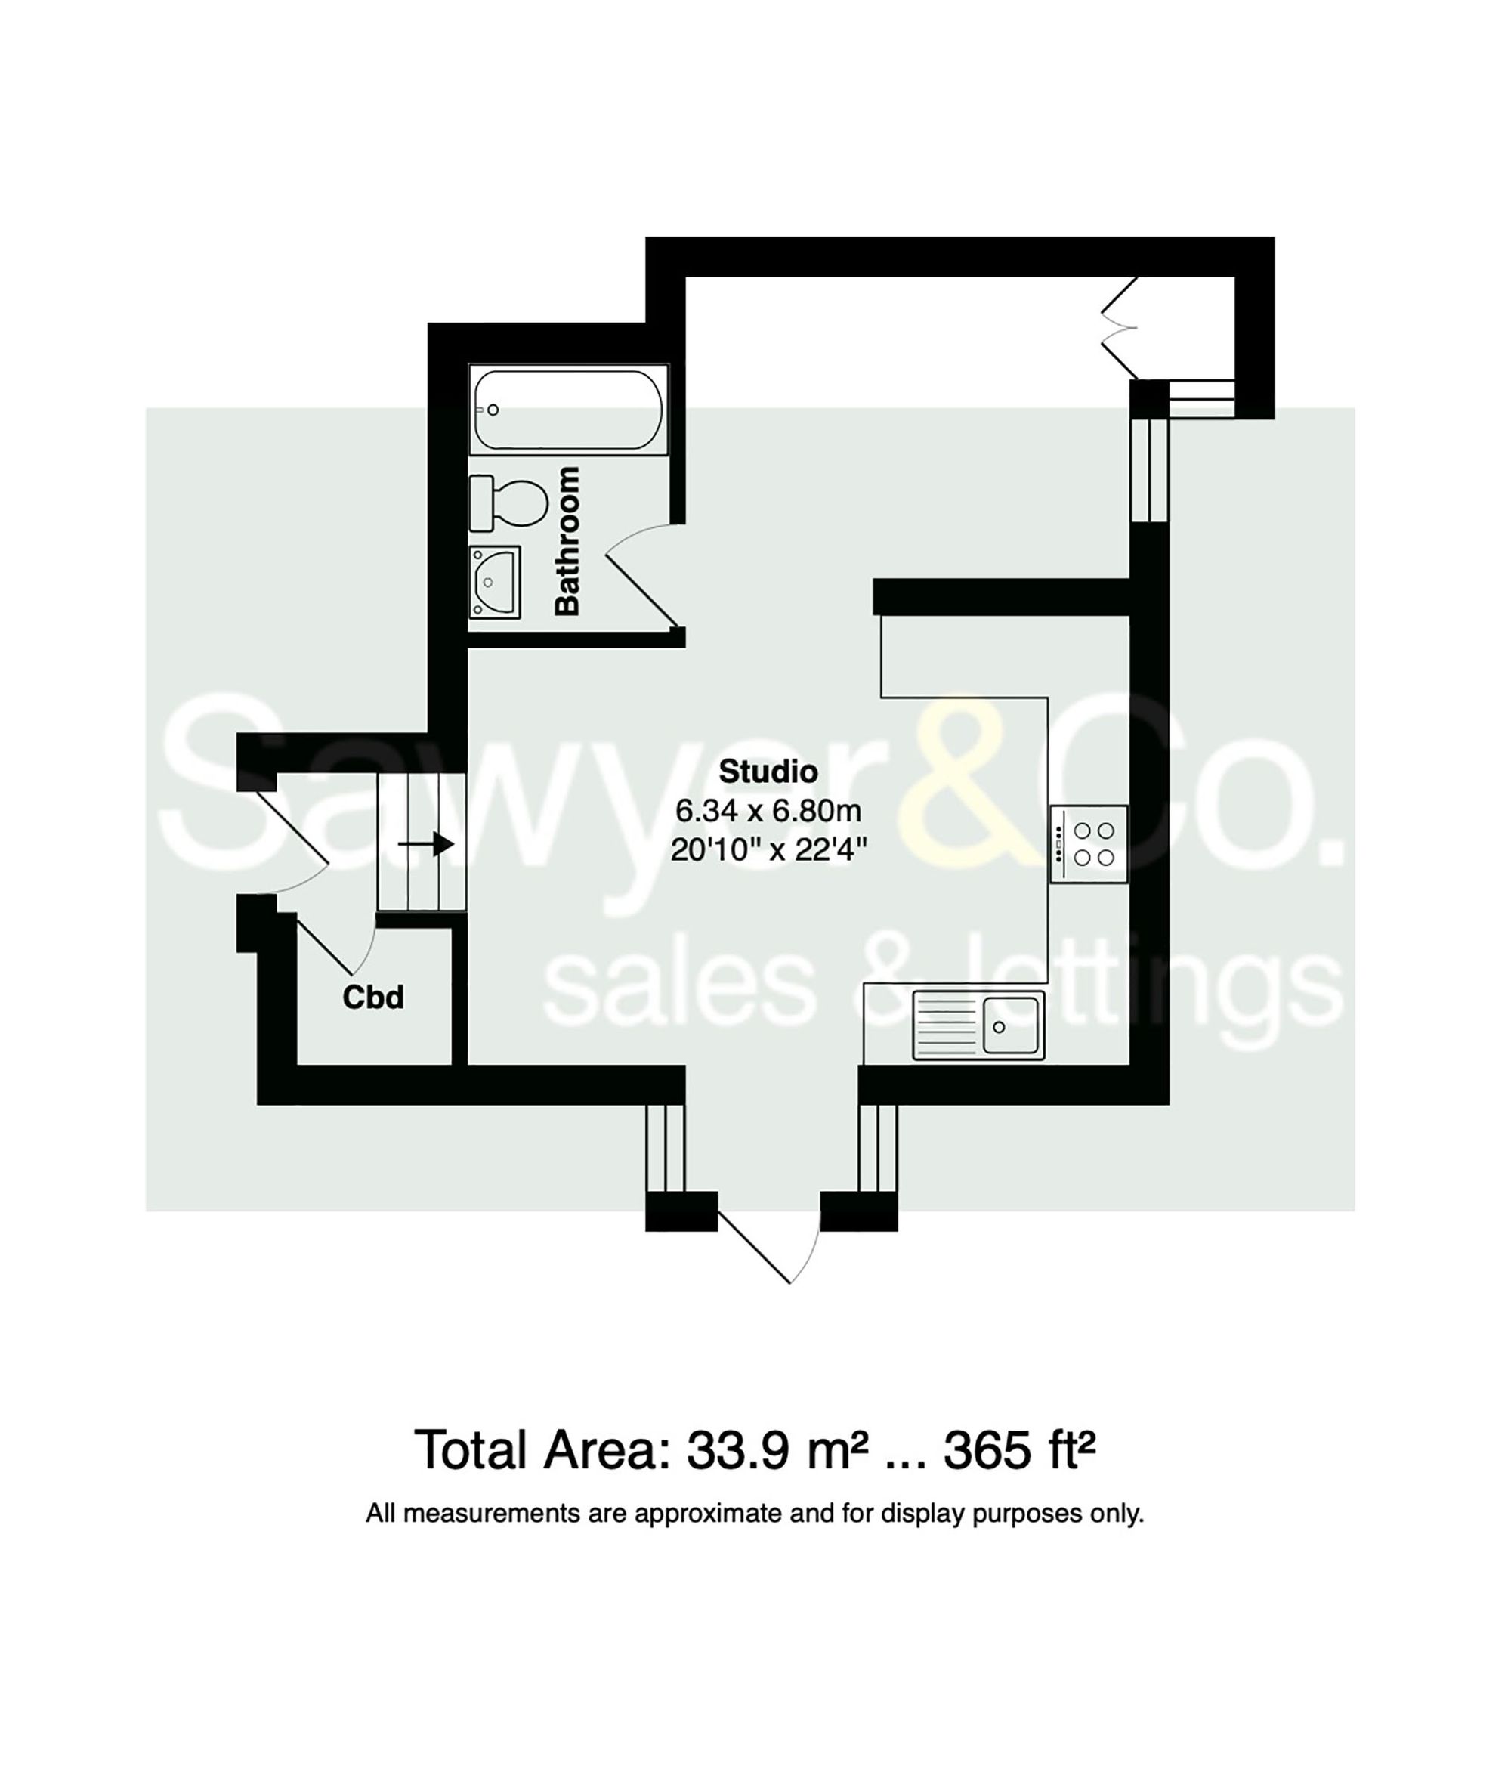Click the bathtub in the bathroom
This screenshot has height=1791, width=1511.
(x=568, y=410)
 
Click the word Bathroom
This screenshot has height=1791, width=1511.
(x=567, y=541)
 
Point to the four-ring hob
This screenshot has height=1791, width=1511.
(x=1088, y=844)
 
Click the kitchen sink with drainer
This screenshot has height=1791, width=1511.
(x=978, y=1025)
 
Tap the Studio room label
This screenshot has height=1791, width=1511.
(x=768, y=772)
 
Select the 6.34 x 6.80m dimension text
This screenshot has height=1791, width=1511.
(x=768, y=810)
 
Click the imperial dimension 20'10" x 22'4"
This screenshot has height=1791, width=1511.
(x=768, y=850)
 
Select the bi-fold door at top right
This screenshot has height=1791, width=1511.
(x=1119, y=327)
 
